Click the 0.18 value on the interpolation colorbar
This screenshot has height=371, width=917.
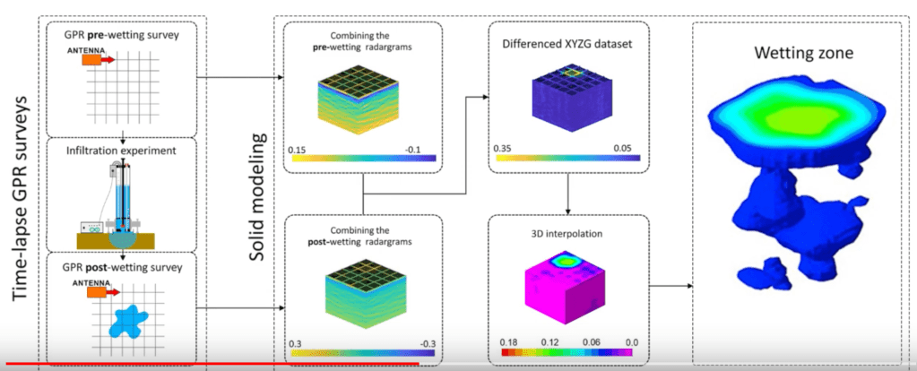tap(504, 341)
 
